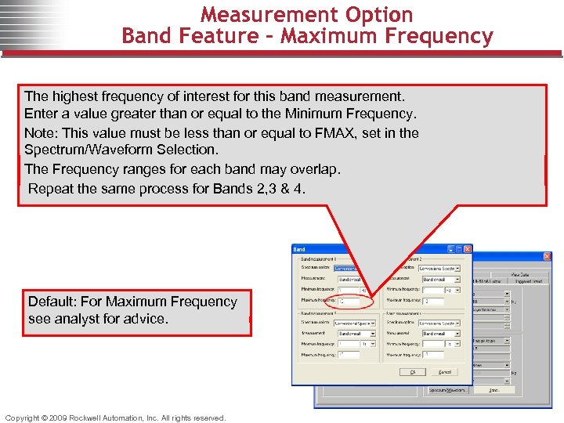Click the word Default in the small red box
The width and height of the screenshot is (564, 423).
(52, 302)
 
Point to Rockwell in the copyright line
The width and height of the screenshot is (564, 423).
(85, 418)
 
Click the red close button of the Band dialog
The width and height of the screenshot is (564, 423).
(466, 249)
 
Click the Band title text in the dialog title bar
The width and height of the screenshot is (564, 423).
(299, 249)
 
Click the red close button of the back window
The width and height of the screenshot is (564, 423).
(547, 256)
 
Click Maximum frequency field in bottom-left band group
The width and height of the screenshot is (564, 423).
(348, 355)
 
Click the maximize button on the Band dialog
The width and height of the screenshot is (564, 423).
(457, 249)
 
